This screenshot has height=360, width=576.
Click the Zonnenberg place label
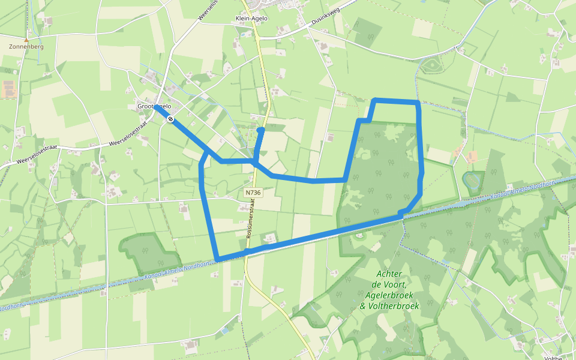pyautogui.click(x=26, y=46)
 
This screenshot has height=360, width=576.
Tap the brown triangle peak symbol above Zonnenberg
pyautogui.click(x=26, y=40)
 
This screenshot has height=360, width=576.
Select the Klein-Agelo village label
pyautogui.click(x=251, y=19)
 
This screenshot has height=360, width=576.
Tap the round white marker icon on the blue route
pyautogui.click(x=171, y=119)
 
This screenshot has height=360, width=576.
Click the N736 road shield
pyautogui.click(x=253, y=193)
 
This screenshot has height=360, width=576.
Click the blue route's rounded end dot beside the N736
pyautogui.click(x=260, y=130)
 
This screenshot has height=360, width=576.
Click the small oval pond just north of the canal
pyautogui.click(x=473, y=179)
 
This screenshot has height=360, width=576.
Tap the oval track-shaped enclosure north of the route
pyautogui.click(x=434, y=65)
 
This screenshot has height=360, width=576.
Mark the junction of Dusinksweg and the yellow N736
pyautogui.click(x=258, y=38)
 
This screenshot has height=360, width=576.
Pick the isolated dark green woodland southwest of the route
pyautogui.click(x=150, y=251)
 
